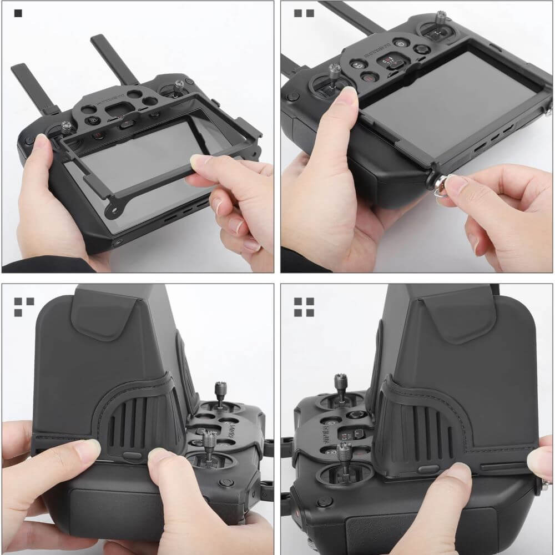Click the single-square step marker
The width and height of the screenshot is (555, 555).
pyautogui.click(x=18, y=13)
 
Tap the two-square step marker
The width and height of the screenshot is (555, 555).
pyautogui.click(x=304, y=13)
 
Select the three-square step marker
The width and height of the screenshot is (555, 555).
pyautogui.click(x=23, y=306)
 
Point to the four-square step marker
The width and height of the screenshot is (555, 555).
pyautogui.click(x=304, y=306)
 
